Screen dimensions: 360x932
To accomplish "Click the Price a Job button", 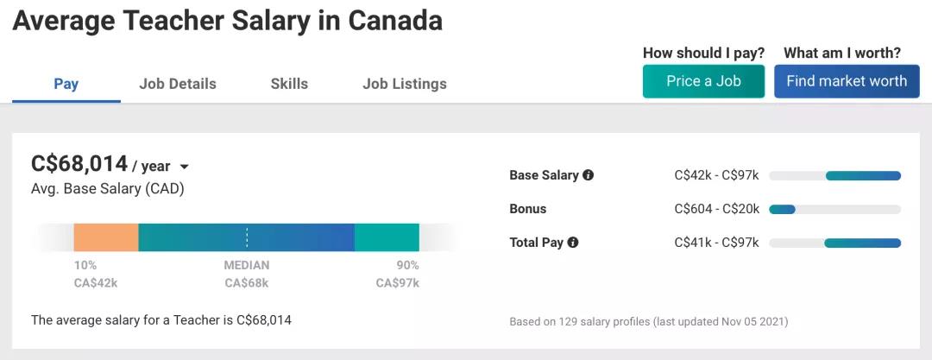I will [703, 81].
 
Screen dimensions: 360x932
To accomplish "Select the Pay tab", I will [66, 84].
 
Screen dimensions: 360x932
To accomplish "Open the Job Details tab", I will [178, 84].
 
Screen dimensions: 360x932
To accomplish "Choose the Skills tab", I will [289, 84].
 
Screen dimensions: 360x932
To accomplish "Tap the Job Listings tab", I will [405, 84].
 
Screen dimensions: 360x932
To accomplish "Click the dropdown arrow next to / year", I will [184, 167].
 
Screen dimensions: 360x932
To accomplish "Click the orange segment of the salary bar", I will [106, 237].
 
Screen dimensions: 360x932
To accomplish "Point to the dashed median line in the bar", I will [247, 237].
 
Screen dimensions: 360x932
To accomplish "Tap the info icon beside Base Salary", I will [588, 175].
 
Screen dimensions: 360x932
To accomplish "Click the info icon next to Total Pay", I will [573, 243].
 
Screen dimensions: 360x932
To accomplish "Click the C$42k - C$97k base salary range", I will [716, 175].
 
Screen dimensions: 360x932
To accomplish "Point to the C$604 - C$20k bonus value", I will [716, 209].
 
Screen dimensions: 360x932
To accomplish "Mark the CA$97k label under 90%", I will [397, 282].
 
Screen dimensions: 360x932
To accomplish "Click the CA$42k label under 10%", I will [96, 282].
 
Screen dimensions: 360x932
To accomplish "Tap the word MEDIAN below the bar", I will [247, 265].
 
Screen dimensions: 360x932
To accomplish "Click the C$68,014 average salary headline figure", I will [79, 163].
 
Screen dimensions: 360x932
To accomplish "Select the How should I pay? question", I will [703, 53].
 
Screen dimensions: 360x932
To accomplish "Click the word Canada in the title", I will [395, 21].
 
